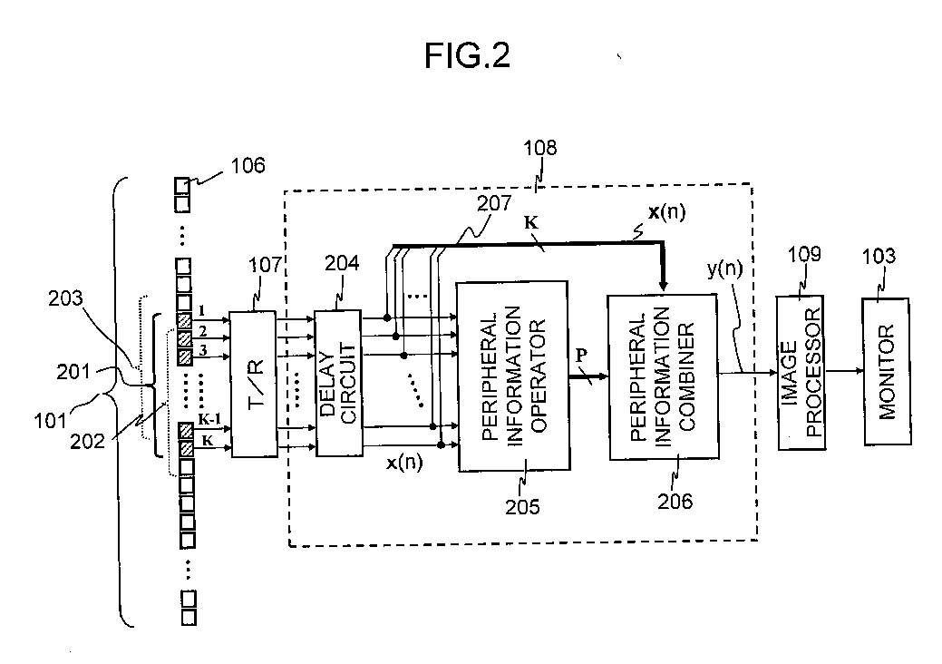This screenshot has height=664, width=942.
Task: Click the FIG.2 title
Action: pos(467,55)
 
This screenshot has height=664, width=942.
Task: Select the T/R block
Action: pos(254,384)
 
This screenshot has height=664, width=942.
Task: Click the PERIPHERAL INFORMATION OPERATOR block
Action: pos(513,376)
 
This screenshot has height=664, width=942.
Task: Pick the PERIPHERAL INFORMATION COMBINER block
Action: pos(664,376)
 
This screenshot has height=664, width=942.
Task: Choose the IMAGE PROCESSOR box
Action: pos(801,373)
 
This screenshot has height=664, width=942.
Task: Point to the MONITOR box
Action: pos(887,371)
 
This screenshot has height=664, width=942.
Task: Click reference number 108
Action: pos(540,147)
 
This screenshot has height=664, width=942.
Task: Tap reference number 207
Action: pos(494,203)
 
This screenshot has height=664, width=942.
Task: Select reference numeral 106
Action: pos(248,165)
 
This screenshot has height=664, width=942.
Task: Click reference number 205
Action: pos(522,506)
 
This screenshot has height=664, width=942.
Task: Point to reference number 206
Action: pos(675,501)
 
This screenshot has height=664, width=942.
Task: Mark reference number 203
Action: pos(65,298)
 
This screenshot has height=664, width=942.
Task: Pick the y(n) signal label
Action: pos(724,269)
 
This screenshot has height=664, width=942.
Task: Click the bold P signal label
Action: pos(580,356)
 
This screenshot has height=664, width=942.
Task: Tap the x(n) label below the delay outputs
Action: pos(404,462)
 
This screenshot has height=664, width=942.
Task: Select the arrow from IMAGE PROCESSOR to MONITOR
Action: pos(844,371)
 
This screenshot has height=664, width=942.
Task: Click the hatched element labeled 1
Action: pos(184,320)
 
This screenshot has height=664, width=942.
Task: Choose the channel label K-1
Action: pos(209,419)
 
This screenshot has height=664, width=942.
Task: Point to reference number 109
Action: pos(804,254)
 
